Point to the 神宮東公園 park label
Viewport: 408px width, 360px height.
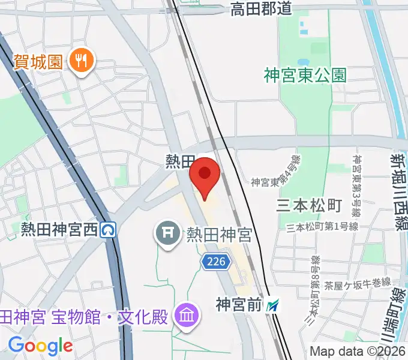pyautogui.click(x=305, y=75)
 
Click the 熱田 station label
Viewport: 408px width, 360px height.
pyautogui.click(x=181, y=161)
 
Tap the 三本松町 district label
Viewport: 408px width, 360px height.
pyautogui.click(x=308, y=206)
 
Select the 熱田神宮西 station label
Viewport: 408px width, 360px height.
pyautogui.click(x=59, y=229)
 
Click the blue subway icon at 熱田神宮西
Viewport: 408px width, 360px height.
pyautogui.click(x=109, y=229)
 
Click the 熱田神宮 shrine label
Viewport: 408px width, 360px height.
pyautogui.click(x=218, y=233)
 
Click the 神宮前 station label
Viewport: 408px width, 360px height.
pyautogui.click(x=239, y=305)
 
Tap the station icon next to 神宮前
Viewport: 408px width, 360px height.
pyautogui.click(x=274, y=306)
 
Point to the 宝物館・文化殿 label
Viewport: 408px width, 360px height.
pyautogui.click(x=84, y=317)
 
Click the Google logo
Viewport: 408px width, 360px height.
pyautogui.click(x=40, y=345)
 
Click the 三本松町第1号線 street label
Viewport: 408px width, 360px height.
pyautogui.click(x=322, y=227)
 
